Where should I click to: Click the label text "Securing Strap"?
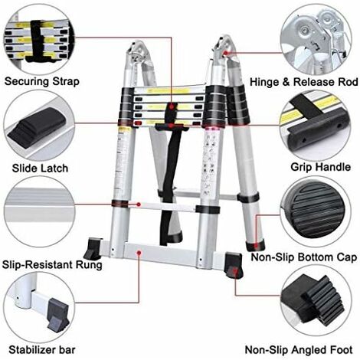coord(44,80)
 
